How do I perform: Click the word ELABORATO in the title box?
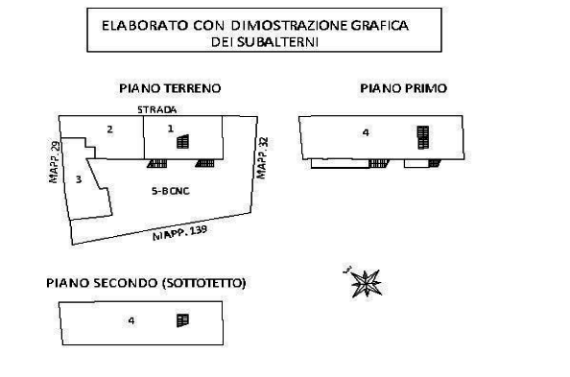pos(145,26)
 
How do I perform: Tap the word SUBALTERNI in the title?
pos(277,42)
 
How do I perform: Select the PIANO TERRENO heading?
pos(170,88)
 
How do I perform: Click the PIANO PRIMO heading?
pos(403,88)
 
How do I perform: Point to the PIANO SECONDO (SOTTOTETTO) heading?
pos(146,283)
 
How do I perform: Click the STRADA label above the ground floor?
pos(157,109)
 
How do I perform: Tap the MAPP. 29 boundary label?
pos(54,162)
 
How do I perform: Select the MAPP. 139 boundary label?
pos(180,233)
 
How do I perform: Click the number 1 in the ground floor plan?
pos(171,129)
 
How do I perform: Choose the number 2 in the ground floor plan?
pos(109,130)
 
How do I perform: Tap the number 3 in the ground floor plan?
pos(79,179)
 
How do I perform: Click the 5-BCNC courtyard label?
pos(171,191)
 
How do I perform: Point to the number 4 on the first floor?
pos(366,132)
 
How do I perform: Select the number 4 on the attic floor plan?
pos(131,320)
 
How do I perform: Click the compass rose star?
pos(366,284)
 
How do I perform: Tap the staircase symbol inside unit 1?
pos(183,142)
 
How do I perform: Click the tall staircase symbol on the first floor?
pos(423,137)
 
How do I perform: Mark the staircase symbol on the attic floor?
pos(182,320)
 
